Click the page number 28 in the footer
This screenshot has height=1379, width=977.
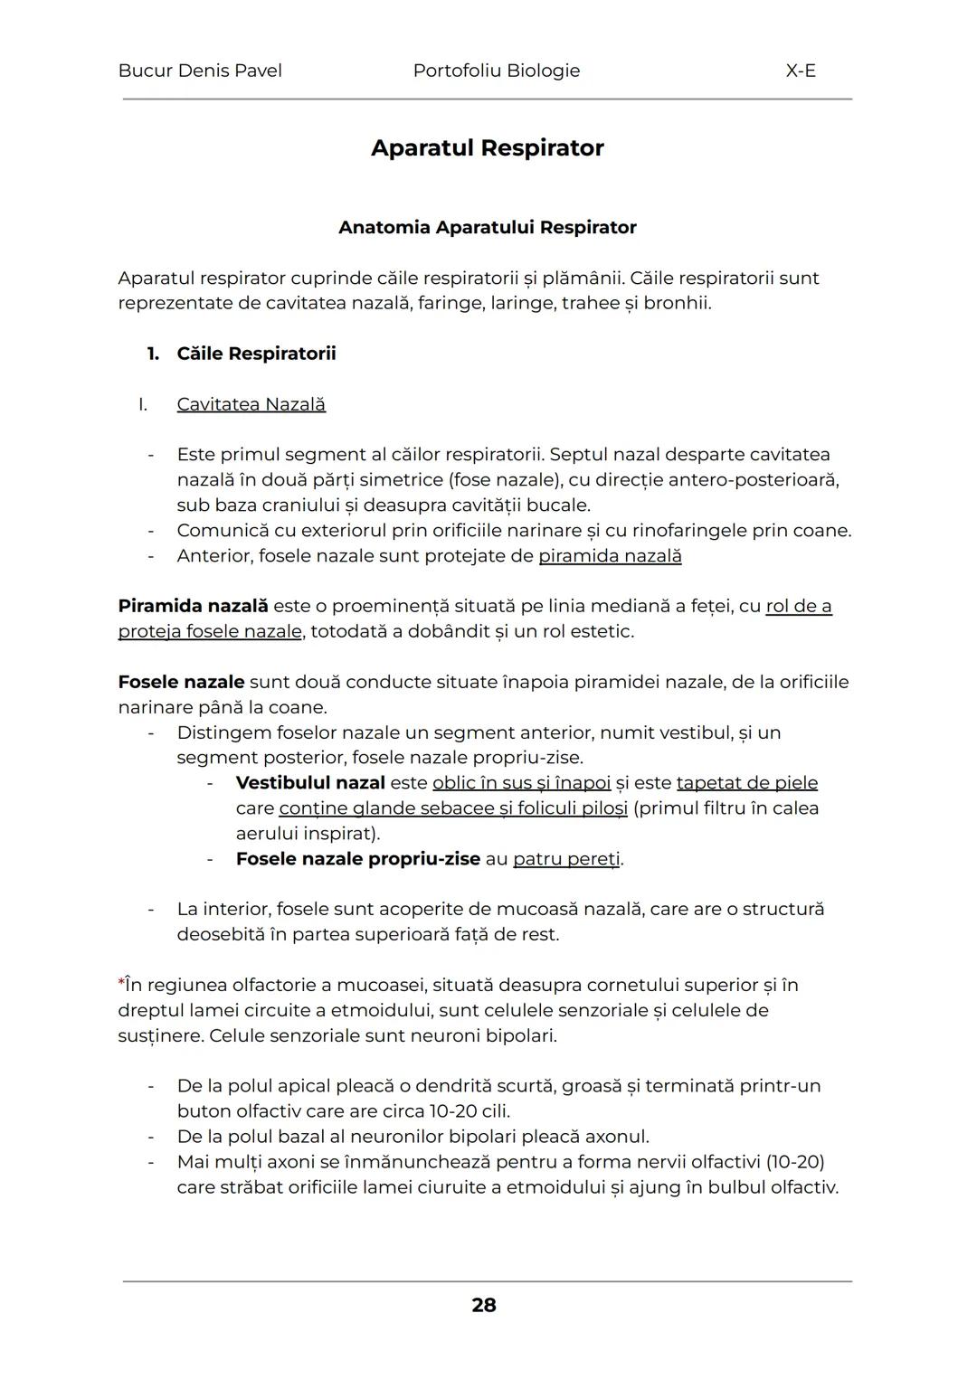[484, 1305]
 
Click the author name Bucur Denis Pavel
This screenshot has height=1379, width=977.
[200, 71]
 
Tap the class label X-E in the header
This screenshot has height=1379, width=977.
[801, 71]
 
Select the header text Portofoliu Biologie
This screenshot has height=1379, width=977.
[496, 71]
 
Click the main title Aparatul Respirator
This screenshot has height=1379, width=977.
[487, 147]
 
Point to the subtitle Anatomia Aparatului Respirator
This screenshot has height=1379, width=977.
[487, 227]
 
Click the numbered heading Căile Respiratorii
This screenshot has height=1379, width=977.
[256, 354]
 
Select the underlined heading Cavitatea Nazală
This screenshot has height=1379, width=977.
[251, 404]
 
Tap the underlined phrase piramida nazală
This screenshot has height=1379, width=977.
[610, 555]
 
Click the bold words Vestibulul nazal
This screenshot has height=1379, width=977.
[310, 783]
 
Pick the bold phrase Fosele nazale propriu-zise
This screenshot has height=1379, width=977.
[357, 859]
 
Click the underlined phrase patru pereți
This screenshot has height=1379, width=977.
[567, 859]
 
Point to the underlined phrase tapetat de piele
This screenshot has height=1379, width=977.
[746, 783]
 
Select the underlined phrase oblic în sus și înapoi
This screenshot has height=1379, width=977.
[521, 783]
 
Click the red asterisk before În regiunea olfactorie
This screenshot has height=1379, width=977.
[121, 983]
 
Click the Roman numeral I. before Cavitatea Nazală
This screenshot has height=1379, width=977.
[143, 404]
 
